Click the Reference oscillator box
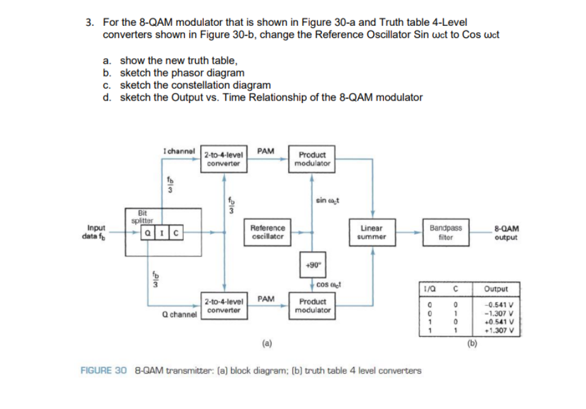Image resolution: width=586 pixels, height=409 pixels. click(268, 231)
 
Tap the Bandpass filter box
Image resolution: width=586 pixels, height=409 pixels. click(445, 231)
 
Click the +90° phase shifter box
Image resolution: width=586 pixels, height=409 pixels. click(311, 264)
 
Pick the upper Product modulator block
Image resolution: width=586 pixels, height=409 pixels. click(312, 159)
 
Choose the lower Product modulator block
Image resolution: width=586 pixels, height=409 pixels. click(312, 306)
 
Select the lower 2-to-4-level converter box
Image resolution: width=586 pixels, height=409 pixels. click(223, 306)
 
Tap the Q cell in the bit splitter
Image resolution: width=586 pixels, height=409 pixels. click(146, 231)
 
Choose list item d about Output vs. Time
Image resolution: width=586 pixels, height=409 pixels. click(264, 97)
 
